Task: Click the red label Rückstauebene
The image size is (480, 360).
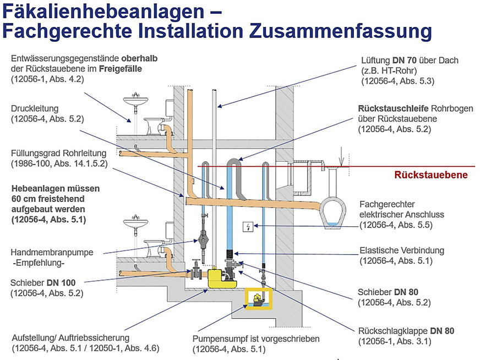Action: point(430,175)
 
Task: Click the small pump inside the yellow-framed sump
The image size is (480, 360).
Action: point(257,299)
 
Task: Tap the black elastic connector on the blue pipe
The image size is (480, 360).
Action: point(230,254)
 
